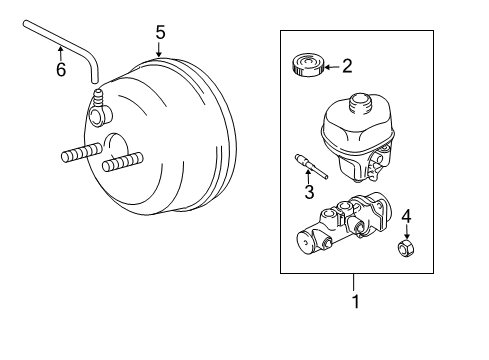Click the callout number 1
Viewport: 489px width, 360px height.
[355, 300]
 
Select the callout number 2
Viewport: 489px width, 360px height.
[347, 67]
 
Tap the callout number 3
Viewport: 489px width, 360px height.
[310, 192]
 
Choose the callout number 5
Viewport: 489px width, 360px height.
[160, 33]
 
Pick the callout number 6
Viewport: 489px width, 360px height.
[60, 69]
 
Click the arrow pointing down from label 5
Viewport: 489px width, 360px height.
[160, 50]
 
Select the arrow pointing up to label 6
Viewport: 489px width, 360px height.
[60, 52]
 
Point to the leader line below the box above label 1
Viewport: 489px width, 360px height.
[355, 281]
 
